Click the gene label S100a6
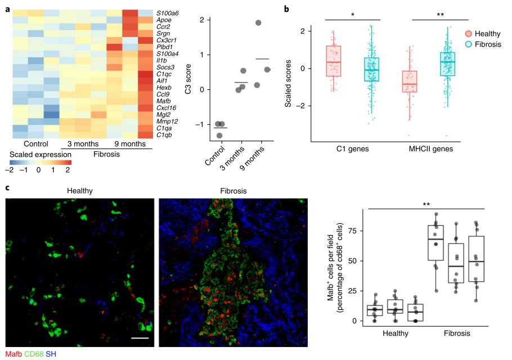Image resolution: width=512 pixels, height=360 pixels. point(168,12)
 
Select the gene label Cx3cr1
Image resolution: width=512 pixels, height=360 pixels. point(167,40)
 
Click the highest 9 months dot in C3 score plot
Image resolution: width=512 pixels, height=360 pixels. point(258,23)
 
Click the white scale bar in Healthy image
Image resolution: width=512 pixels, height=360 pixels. point(141,339)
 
